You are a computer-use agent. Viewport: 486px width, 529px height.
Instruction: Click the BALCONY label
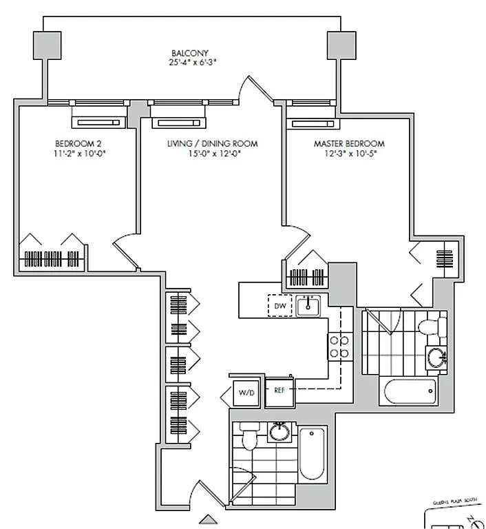(190, 52)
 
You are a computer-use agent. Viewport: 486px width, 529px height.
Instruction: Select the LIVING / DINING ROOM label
(212, 143)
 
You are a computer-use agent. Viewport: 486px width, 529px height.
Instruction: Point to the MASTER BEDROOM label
(349, 143)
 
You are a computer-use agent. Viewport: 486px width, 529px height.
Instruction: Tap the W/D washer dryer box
(246, 393)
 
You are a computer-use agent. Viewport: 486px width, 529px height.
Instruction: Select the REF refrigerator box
(279, 390)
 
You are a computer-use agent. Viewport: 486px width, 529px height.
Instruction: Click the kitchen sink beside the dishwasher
(308, 305)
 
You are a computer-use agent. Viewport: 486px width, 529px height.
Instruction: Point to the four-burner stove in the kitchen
(338, 346)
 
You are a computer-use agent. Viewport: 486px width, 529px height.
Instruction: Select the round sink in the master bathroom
(436, 357)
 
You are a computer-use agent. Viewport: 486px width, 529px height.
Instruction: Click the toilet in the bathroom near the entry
(249, 437)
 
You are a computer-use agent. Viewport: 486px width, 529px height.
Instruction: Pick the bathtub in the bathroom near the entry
(312, 453)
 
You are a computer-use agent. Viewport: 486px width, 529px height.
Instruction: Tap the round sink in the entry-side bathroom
(279, 432)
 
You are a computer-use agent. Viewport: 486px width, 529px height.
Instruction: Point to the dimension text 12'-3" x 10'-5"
(349, 154)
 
